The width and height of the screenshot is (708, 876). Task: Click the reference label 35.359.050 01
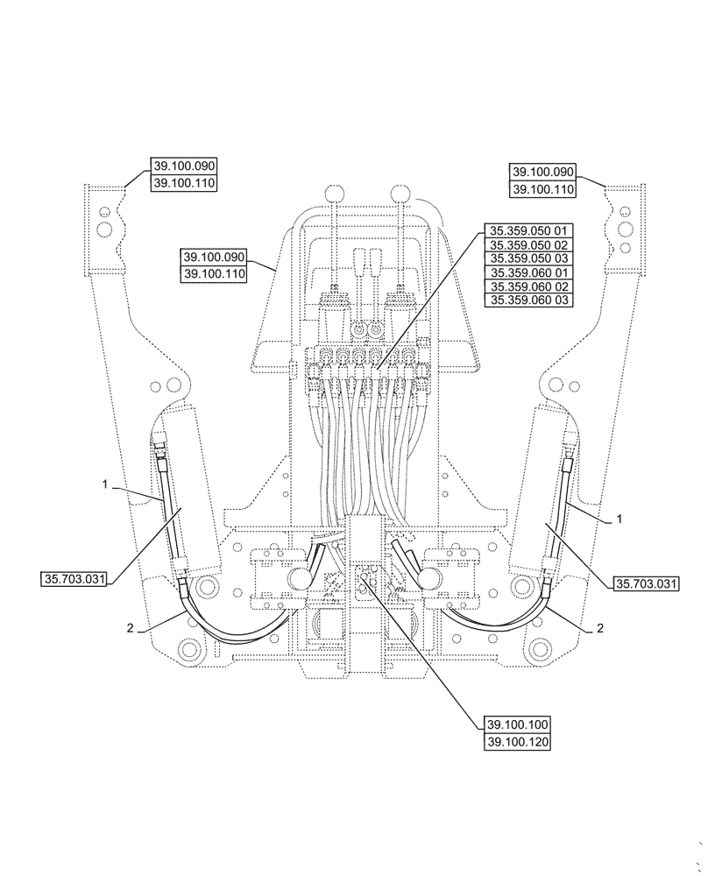click(529, 231)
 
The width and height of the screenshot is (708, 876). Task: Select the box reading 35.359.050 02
click(529, 245)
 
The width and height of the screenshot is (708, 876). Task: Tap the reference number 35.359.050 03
click(529, 258)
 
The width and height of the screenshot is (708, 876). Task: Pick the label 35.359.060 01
click(529, 272)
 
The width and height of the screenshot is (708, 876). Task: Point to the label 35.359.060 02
click(529, 286)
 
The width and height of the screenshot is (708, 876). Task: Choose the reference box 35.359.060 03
click(529, 300)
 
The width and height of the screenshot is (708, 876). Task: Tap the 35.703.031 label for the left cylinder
click(74, 579)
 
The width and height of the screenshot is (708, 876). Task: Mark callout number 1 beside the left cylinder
click(104, 484)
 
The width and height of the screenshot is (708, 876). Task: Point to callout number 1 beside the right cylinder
click(619, 519)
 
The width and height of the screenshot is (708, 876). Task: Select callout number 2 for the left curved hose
click(131, 628)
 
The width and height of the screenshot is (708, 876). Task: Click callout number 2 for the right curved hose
click(600, 628)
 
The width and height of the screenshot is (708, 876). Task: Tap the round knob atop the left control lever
click(333, 193)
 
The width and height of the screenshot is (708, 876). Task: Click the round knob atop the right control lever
click(400, 193)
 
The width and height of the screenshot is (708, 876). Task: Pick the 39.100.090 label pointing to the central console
click(214, 258)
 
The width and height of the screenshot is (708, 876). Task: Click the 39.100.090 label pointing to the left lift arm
click(184, 166)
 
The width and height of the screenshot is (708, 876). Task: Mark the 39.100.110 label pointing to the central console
click(214, 274)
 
